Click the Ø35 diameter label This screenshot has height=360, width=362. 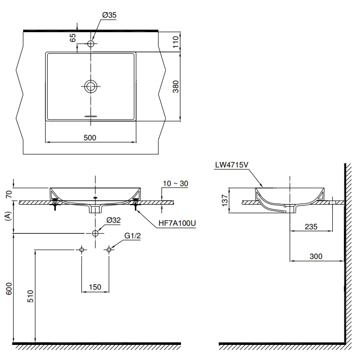109,16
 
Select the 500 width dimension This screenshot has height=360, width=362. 90,137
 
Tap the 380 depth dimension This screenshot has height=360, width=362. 175,87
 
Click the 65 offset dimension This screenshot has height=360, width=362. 72,37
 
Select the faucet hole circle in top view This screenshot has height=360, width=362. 90,44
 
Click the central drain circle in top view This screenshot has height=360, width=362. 90,86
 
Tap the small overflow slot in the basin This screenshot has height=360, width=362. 90,116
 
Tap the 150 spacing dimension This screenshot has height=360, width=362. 95,287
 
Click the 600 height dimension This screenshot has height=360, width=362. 9,289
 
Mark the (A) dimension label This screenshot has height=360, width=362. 8,216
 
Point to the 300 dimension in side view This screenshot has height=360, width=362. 316,256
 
